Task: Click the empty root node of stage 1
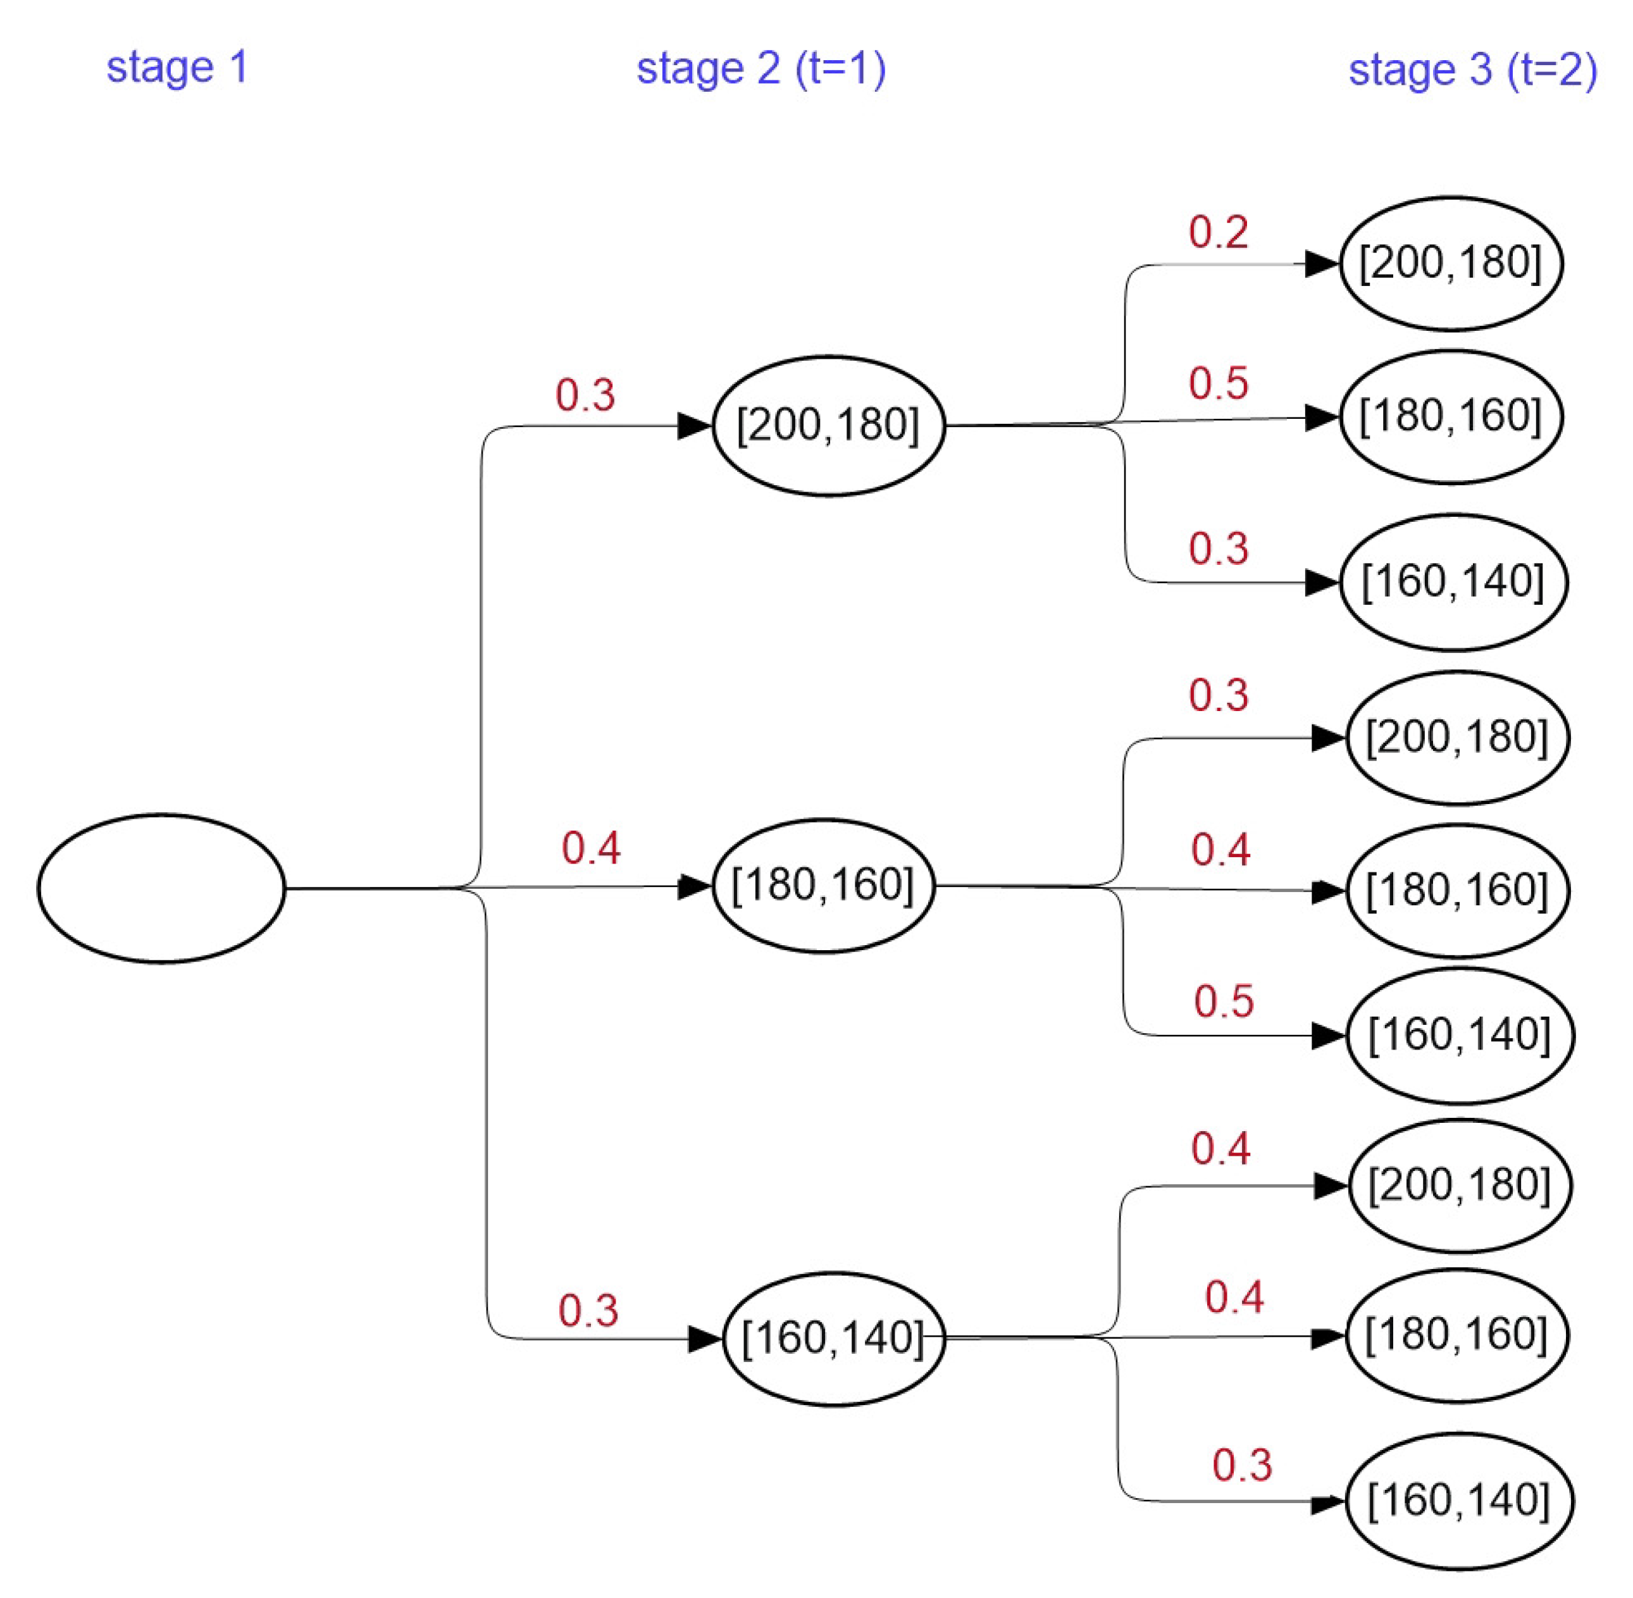[x=161, y=888]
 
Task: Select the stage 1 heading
[x=177, y=67]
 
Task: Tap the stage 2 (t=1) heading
[x=761, y=68]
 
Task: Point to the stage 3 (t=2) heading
[x=1472, y=70]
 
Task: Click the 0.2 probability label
[x=1217, y=232]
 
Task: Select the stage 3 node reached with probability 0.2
[x=1450, y=264]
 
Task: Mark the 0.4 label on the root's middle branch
[x=590, y=848]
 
